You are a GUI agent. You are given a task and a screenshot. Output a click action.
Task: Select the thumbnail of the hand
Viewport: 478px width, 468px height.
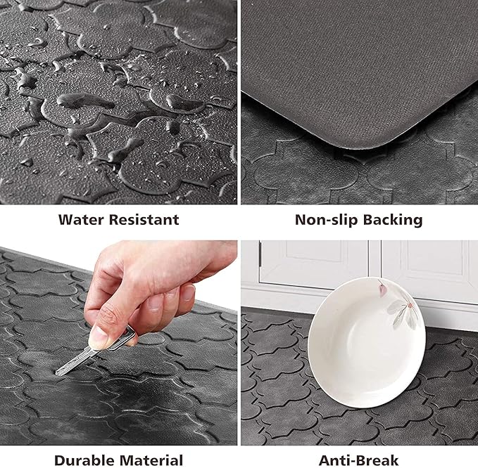pyautogui.click(x=100, y=339)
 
